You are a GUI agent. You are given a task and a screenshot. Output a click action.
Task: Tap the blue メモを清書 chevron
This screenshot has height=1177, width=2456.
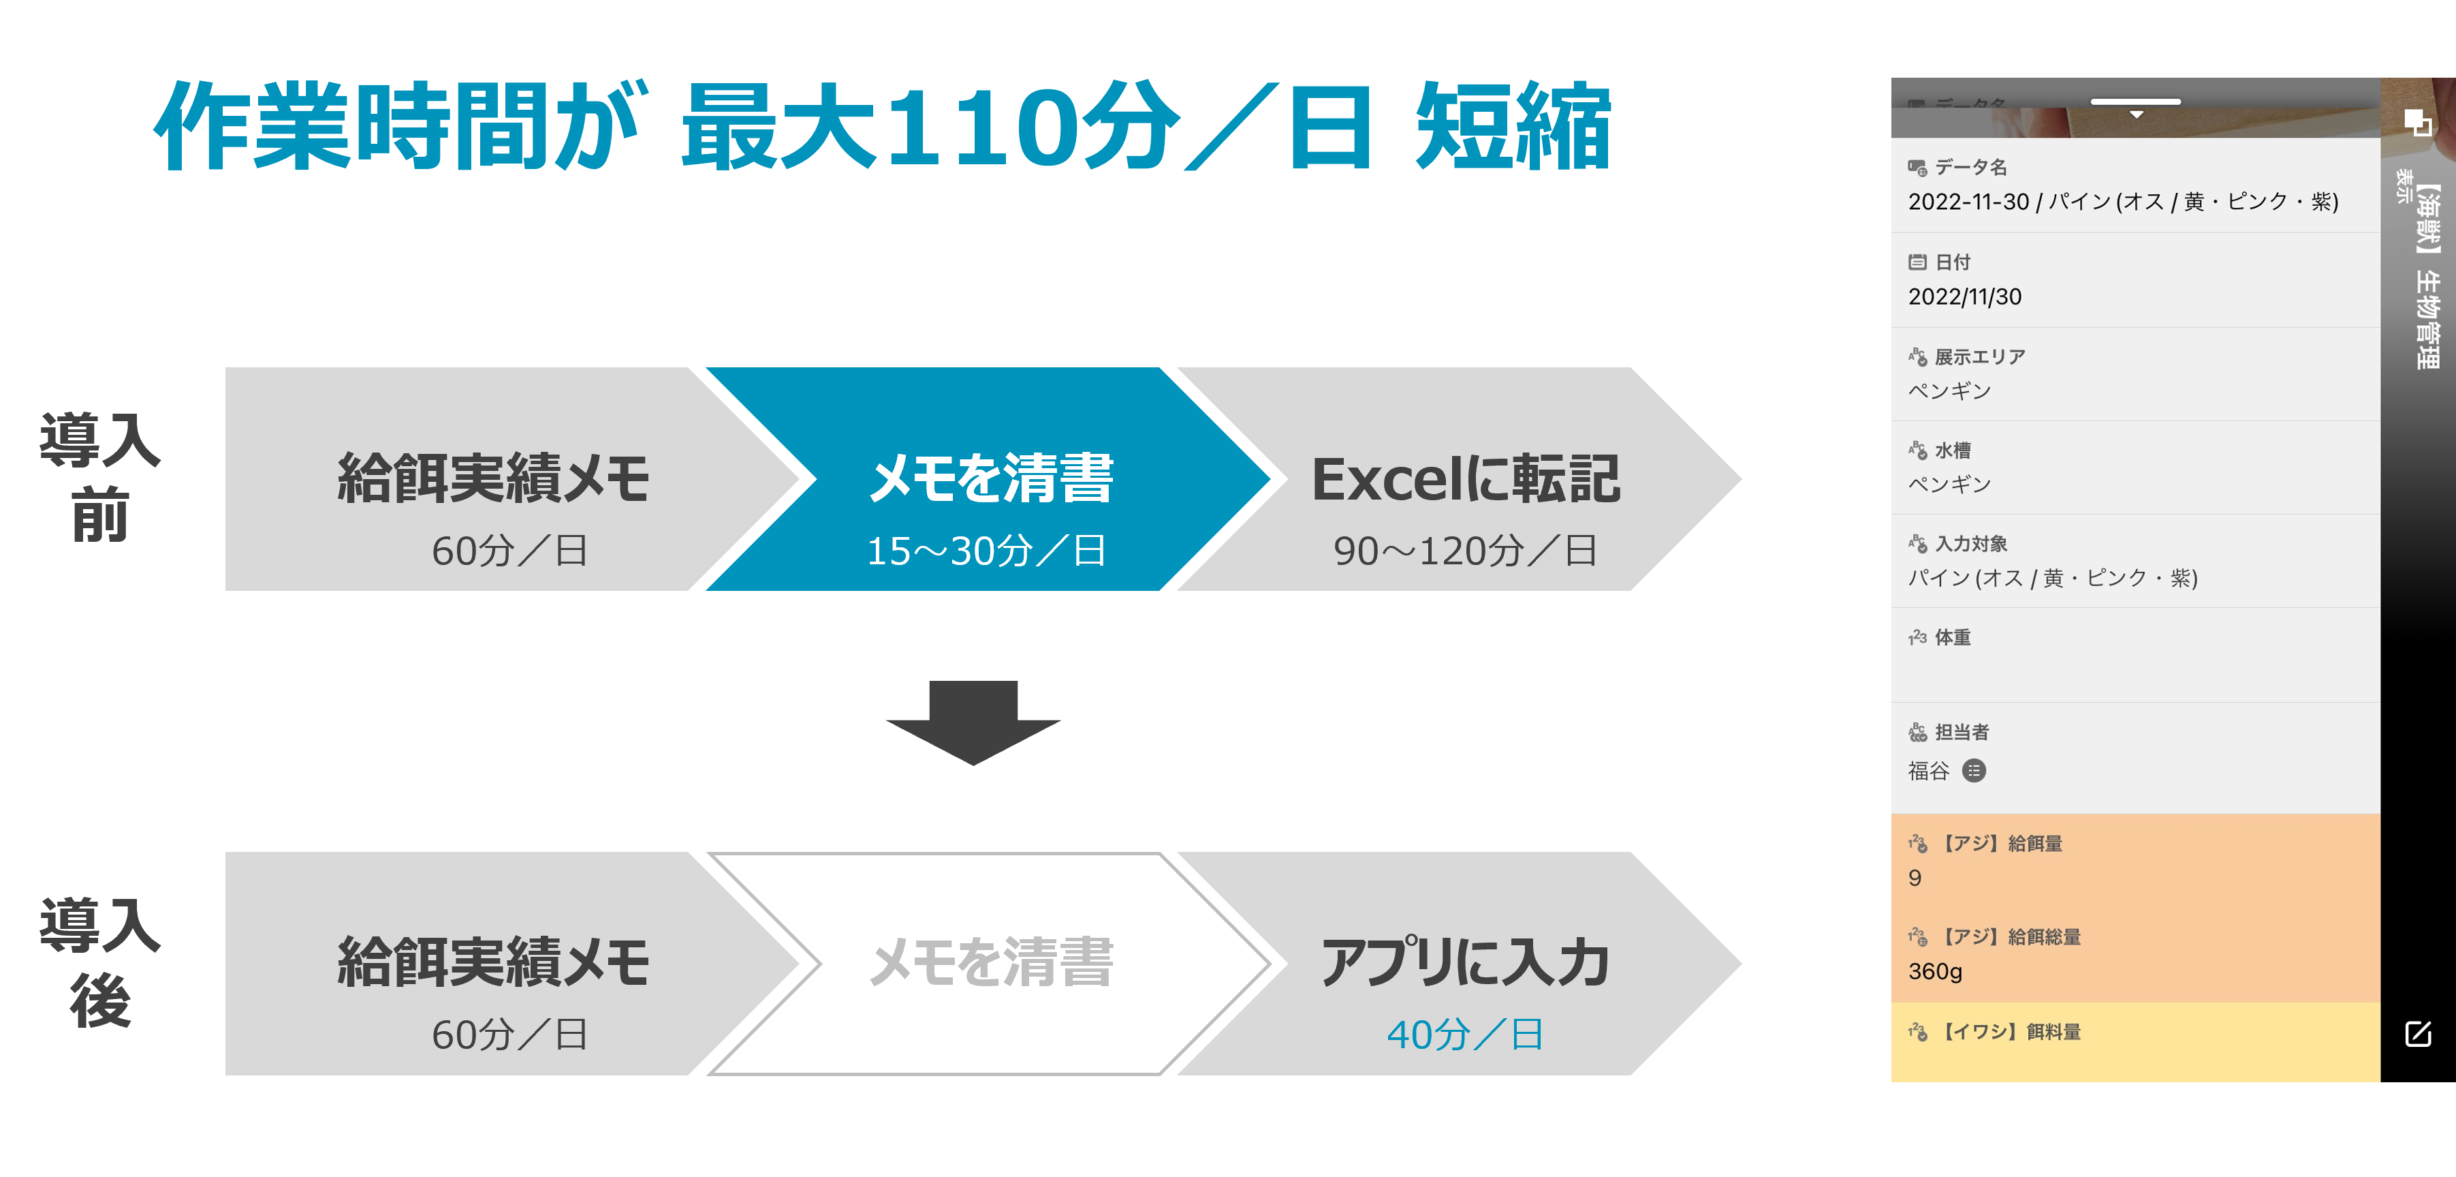(990, 479)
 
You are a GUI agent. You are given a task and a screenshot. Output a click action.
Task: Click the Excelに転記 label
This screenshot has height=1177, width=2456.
(1466, 479)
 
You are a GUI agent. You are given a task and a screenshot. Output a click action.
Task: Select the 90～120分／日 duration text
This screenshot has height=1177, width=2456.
(1466, 551)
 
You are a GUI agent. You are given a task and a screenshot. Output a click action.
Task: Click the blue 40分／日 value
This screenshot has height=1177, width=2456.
(1466, 1035)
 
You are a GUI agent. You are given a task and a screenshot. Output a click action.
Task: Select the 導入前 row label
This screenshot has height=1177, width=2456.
(100, 477)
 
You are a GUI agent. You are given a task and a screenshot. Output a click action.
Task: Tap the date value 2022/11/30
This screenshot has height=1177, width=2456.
(1965, 296)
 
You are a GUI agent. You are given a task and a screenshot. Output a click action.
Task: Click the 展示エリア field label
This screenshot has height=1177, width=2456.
(1979, 356)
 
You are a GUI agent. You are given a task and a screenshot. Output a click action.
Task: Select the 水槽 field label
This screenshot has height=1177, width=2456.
(1953, 450)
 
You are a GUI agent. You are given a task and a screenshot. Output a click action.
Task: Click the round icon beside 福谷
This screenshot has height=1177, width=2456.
(1974, 771)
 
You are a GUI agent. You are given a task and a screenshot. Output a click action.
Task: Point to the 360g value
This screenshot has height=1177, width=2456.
(1936, 971)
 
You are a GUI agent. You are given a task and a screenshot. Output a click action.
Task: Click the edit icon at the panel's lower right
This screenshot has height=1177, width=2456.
(2418, 1034)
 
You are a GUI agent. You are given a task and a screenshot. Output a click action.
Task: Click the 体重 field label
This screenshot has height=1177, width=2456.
(1953, 637)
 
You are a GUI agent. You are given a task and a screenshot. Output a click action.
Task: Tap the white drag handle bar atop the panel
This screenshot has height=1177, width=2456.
(2136, 101)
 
